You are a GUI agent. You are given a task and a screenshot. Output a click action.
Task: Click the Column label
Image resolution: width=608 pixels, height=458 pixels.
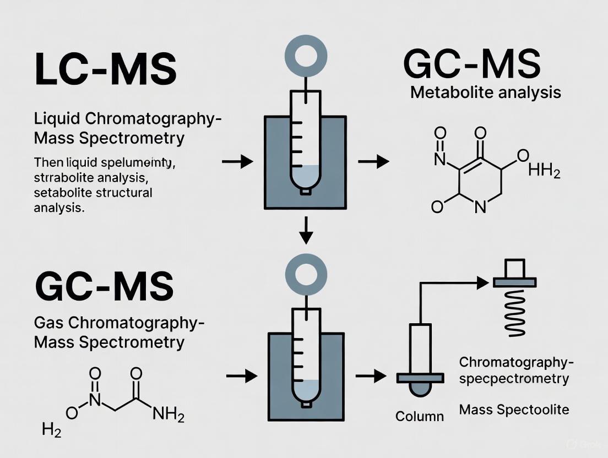coord(420,416)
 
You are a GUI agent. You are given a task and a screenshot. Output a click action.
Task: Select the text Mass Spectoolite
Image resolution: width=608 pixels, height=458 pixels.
coord(513,410)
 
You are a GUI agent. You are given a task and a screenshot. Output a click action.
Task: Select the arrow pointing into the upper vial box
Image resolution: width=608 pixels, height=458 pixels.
coord(237,161)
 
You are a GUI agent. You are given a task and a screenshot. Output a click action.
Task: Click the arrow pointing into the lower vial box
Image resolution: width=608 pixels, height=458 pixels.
coord(242,377)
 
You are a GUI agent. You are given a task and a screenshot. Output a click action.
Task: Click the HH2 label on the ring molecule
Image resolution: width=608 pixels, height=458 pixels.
coord(544,172)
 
